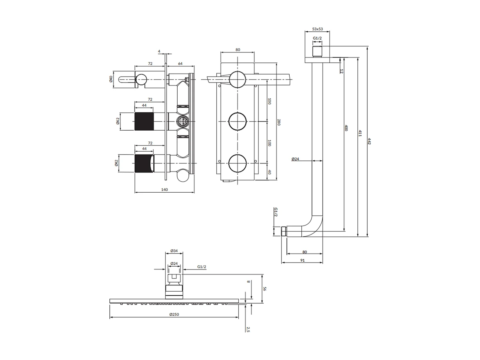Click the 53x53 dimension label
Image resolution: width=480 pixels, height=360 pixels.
coord(317,29)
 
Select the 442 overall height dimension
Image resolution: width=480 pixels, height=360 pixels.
coord(369,141)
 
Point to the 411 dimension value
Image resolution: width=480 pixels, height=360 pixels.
coord(360,133)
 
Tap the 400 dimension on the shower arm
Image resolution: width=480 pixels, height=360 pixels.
coord(346,128)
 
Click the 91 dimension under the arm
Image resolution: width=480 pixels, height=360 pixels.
coord(302,260)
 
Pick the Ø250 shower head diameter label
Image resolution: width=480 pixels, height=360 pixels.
coord(174,314)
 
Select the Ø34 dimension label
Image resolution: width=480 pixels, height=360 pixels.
coord(174,251)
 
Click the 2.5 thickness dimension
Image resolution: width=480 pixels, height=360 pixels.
coord(248,329)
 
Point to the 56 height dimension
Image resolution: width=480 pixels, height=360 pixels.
coord(264,289)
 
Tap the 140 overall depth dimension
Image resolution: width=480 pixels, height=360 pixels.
coord(164,190)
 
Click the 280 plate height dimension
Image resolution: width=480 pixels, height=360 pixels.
coord(279,122)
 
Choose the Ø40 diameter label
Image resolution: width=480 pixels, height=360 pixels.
coord(111,79)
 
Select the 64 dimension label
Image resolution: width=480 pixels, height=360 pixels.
coord(180,64)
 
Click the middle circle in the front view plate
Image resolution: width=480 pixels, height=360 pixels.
coord(237,121)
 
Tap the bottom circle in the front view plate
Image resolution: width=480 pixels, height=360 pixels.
coord(237,163)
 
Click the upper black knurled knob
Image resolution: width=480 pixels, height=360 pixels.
coord(144,121)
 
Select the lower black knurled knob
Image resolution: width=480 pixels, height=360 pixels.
coord(144,164)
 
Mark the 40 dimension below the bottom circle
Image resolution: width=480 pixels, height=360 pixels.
coord(269,172)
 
